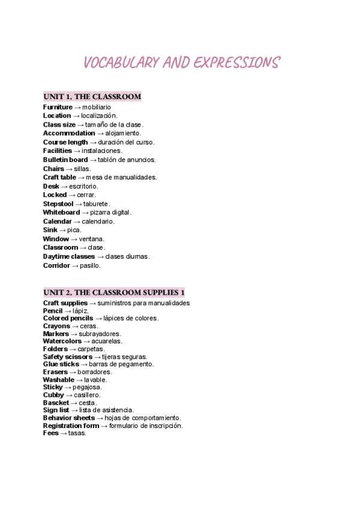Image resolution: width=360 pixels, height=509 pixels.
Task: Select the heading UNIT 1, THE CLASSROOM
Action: click(x=92, y=97)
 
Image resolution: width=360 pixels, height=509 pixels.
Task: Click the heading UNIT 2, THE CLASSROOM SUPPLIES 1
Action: click(x=114, y=292)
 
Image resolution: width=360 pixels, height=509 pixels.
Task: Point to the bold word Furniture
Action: click(x=58, y=107)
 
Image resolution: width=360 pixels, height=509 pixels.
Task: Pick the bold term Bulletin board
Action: click(x=65, y=160)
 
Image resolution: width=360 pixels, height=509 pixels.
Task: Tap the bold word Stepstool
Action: click(x=58, y=203)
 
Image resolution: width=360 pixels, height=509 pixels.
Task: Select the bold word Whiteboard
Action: click(x=61, y=212)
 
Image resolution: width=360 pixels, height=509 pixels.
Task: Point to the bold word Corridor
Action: click(x=56, y=265)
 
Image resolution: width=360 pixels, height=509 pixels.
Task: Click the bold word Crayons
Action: click(x=56, y=326)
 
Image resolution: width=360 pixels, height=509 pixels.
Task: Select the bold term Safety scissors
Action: click(x=68, y=357)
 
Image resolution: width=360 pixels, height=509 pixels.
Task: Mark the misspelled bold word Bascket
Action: click(x=56, y=402)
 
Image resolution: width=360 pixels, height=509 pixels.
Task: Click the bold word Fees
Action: click(x=50, y=433)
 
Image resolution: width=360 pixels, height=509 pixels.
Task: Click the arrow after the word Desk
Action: click(x=65, y=186)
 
